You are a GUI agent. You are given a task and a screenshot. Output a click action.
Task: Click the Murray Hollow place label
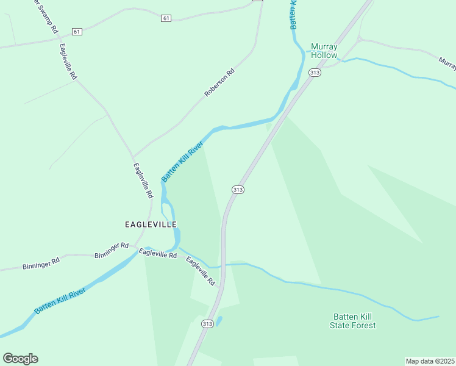click(x=324, y=51)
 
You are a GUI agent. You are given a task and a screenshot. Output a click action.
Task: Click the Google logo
click(x=20, y=359)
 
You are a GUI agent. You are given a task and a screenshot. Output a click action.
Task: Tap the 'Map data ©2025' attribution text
click(x=430, y=361)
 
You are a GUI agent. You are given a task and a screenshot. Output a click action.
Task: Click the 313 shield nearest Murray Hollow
click(x=315, y=73)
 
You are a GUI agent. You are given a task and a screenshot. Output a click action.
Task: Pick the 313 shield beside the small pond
click(x=208, y=324)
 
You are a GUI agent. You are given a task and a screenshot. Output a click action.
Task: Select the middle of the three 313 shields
click(x=238, y=190)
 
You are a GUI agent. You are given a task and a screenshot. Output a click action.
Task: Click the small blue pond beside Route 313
click(x=219, y=320)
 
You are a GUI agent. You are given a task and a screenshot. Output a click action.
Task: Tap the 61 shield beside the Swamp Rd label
click(x=76, y=31)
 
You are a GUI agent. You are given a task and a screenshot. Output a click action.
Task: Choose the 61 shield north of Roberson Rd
click(x=166, y=18)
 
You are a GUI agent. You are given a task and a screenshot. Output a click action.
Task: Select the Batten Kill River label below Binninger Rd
click(x=59, y=301)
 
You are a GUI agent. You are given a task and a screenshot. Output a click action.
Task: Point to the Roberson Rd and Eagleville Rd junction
click(x=134, y=156)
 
